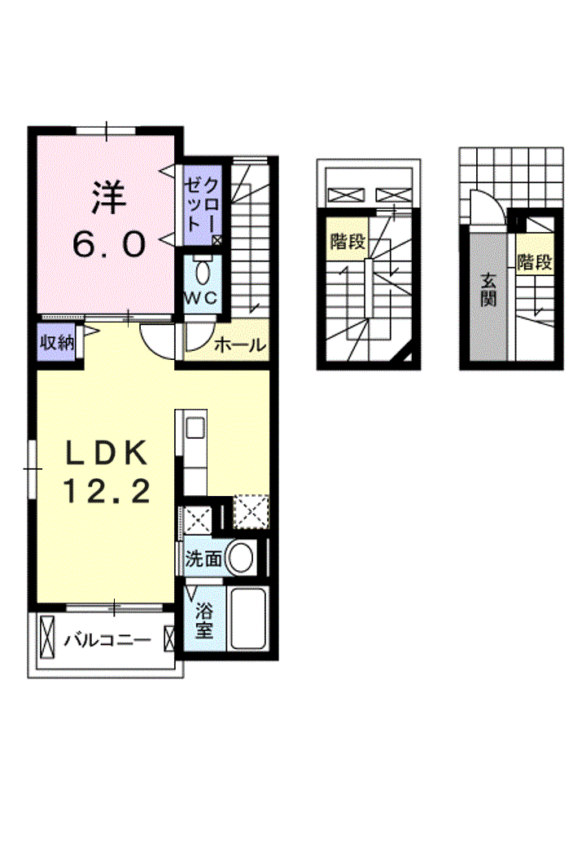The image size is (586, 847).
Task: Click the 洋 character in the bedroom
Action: click(x=108, y=199)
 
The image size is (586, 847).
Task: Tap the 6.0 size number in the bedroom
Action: click(x=109, y=244)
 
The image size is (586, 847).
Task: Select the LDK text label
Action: click(x=107, y=453)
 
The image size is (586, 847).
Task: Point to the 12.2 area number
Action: click(x=107, y=491)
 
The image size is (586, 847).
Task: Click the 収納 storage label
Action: click(x=57, y=341)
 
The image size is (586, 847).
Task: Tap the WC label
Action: click(x=202, y=297)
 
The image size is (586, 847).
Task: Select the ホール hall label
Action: click(x=240, y=344)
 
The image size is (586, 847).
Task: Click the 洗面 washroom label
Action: click(x=203, y=559)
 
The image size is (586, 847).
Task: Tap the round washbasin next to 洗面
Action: click(x=239, y=558)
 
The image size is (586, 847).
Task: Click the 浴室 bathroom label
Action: click(x=204, y=621)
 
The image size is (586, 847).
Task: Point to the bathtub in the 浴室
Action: click(x=247, y=619)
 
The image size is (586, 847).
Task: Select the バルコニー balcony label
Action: click(x=108, y=641)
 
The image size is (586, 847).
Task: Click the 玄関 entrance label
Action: click(x=488, y=290)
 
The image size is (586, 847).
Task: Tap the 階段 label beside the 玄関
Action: click(x=535, y=262)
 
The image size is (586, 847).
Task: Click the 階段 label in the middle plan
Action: click(x=348, y=241)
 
